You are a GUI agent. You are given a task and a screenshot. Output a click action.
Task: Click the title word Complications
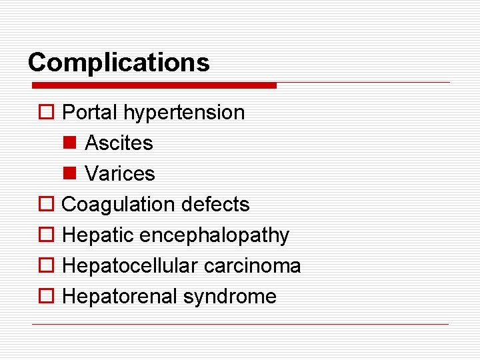[119, 63]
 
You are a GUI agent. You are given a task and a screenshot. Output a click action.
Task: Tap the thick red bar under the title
[154, 85]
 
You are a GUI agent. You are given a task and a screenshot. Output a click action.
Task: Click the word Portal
[89, 112]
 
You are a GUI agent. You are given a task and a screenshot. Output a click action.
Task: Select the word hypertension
[184, 113]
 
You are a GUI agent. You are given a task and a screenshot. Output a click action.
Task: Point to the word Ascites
[119, 143]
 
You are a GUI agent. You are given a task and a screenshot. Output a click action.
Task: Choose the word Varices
[120, 173]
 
